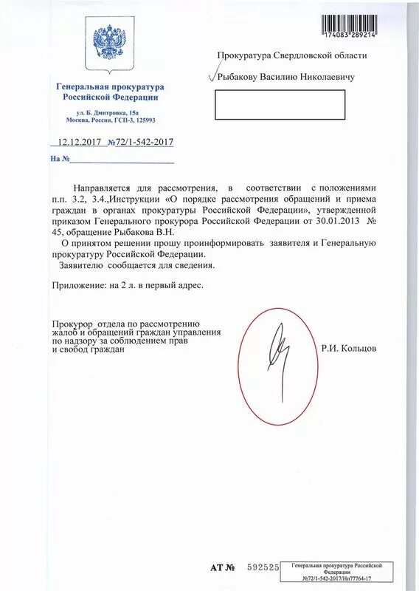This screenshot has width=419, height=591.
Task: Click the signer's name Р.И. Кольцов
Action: [349, 348]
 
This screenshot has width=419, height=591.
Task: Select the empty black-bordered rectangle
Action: [280, 105]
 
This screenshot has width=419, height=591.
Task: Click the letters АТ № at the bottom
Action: [222, 568]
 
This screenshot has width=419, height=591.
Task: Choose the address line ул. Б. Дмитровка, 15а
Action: [107, 111]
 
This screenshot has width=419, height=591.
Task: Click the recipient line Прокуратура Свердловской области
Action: [291, 55]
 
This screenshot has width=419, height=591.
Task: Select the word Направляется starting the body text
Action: [103, 188]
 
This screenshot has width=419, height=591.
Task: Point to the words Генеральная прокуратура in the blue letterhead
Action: [107, 87]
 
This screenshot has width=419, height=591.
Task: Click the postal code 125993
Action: [142, 120]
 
